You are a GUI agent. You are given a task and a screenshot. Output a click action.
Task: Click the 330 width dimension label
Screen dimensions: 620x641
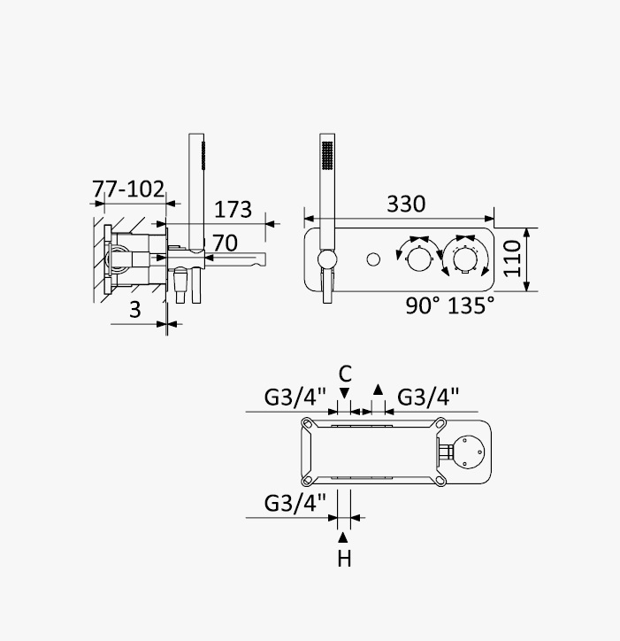pos(406,204)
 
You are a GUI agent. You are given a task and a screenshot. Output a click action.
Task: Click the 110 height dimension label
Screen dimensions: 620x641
pos(512,259)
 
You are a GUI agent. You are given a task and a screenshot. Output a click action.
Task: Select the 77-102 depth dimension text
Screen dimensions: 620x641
pos(128,189)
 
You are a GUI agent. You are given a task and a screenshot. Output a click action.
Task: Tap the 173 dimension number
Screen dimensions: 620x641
pos(233,210)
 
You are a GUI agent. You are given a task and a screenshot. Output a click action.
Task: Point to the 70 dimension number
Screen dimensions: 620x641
pos(225,243)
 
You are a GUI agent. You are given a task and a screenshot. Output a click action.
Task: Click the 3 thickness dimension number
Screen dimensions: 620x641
pos(134,310)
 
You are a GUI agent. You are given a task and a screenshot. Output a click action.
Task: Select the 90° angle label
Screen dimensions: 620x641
pos(423,305)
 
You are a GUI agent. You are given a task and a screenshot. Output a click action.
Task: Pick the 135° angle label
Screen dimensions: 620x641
pos(471,305)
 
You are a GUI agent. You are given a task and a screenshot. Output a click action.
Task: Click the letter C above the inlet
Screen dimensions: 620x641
pos(345,374)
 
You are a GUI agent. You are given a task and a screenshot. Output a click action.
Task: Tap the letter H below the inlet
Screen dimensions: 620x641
pos(344,559)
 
